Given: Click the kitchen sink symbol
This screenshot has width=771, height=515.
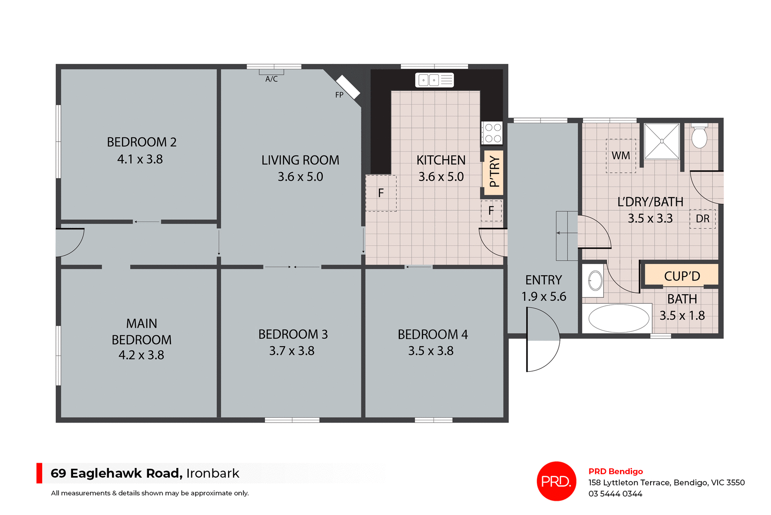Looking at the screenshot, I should (x=434, y=80).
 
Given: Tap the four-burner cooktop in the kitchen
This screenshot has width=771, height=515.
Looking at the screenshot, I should (x=492, y=133).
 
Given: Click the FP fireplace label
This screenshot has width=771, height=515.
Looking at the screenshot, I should (x=339, y=95).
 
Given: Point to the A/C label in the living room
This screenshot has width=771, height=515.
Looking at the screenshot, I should (x=271, y=79).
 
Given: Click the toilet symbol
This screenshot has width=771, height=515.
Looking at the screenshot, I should (x=699, y=137).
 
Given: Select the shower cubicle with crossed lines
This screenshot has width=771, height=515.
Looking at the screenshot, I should (x=661, y=141).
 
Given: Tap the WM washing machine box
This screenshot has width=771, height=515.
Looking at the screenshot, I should (x=621, y=156).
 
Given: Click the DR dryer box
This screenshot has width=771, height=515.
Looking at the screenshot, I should (x=702, y=219).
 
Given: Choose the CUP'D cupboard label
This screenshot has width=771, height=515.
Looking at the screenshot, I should (x=682, y=276).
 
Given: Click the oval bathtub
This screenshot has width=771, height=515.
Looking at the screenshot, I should (x=618, y=318).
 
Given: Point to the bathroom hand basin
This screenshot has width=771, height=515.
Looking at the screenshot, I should (x=595, y=280).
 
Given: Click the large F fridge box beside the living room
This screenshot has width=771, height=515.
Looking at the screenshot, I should (x=381, y=193).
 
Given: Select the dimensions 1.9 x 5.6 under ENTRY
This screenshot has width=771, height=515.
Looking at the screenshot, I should (x=544, y=297).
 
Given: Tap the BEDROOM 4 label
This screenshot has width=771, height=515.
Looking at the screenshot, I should (x=432, y=334).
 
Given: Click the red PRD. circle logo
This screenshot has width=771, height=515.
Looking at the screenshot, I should (x=556, y=481).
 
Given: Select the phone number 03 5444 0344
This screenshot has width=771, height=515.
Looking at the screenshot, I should (x=615, y=494).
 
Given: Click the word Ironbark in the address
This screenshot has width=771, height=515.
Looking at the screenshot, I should (x=212, y=473).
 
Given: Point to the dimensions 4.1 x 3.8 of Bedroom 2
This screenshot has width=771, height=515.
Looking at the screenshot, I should (x=140, y=159).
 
